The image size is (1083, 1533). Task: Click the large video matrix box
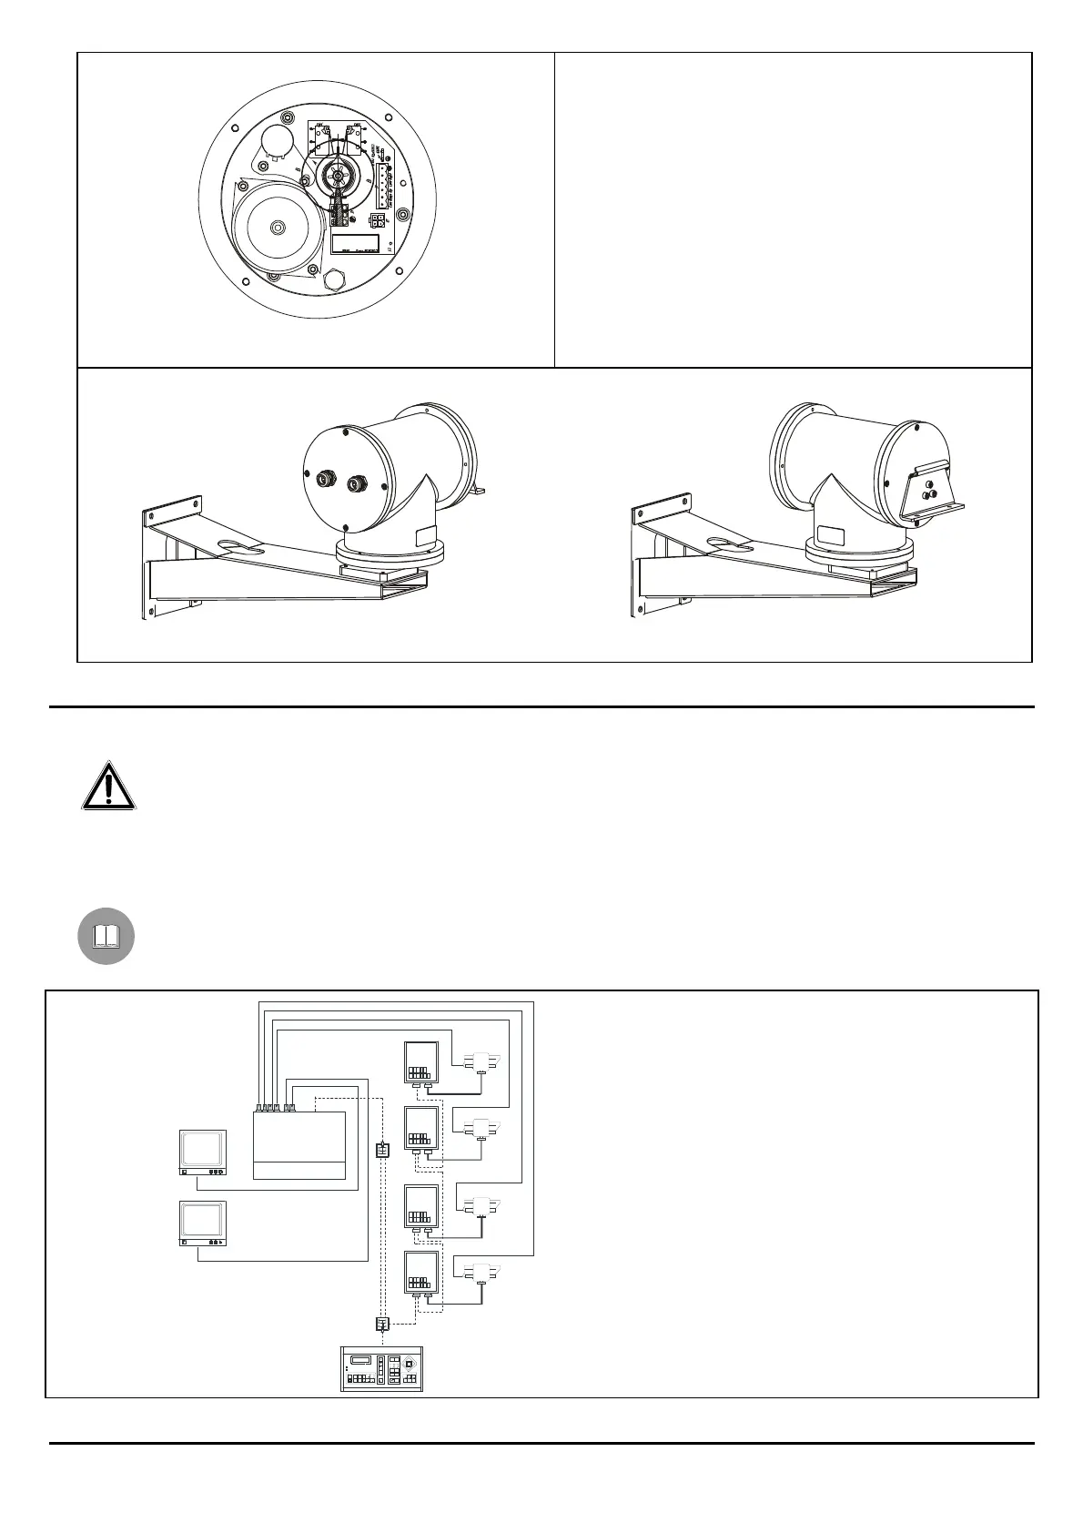[x=299, y=1144]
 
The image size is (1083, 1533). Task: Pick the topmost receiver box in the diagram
[x=421, y=1061]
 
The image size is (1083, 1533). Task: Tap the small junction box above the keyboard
[x=382, y=1324]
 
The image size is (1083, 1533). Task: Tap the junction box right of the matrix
[x=382, y=1150]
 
